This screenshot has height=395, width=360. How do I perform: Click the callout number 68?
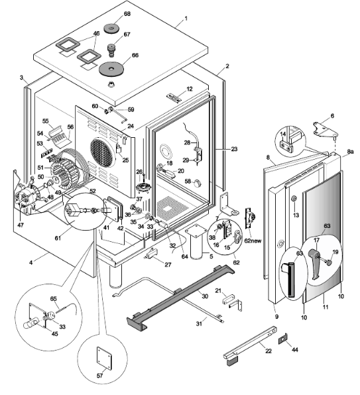pyautogui.click(x=127, y=14)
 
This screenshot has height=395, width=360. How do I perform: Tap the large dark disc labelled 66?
pyautogui.click(x=111, y=68)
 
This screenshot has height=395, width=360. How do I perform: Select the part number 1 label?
pyautogui.click(x=186, y=19)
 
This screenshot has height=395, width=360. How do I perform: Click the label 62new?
pyautogui.click(x=253, y=241)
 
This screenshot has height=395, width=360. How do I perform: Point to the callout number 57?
pyautogui.click(x=99, y=376)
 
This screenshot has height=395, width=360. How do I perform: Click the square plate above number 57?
pyautogui.click(x=104, y=359)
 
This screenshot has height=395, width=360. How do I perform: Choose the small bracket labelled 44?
pyautogui.click(x=283, y=339)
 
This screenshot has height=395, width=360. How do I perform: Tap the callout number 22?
pyautogui.click(x=269, y=351)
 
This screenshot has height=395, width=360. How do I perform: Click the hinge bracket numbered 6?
pyautogui.click(x=325, y=129)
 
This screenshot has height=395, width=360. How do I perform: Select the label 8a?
pyautogui.click(x=350, y=151)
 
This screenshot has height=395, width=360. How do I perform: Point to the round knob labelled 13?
pyautogui.click(x=294, y=199)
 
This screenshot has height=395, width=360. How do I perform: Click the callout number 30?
pyautogui.click(x=205, y=296)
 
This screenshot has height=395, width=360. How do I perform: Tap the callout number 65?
pyautogui.click(x=54, y=299)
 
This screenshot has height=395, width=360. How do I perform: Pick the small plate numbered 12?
pyautogui.click(x=174, y=97)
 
